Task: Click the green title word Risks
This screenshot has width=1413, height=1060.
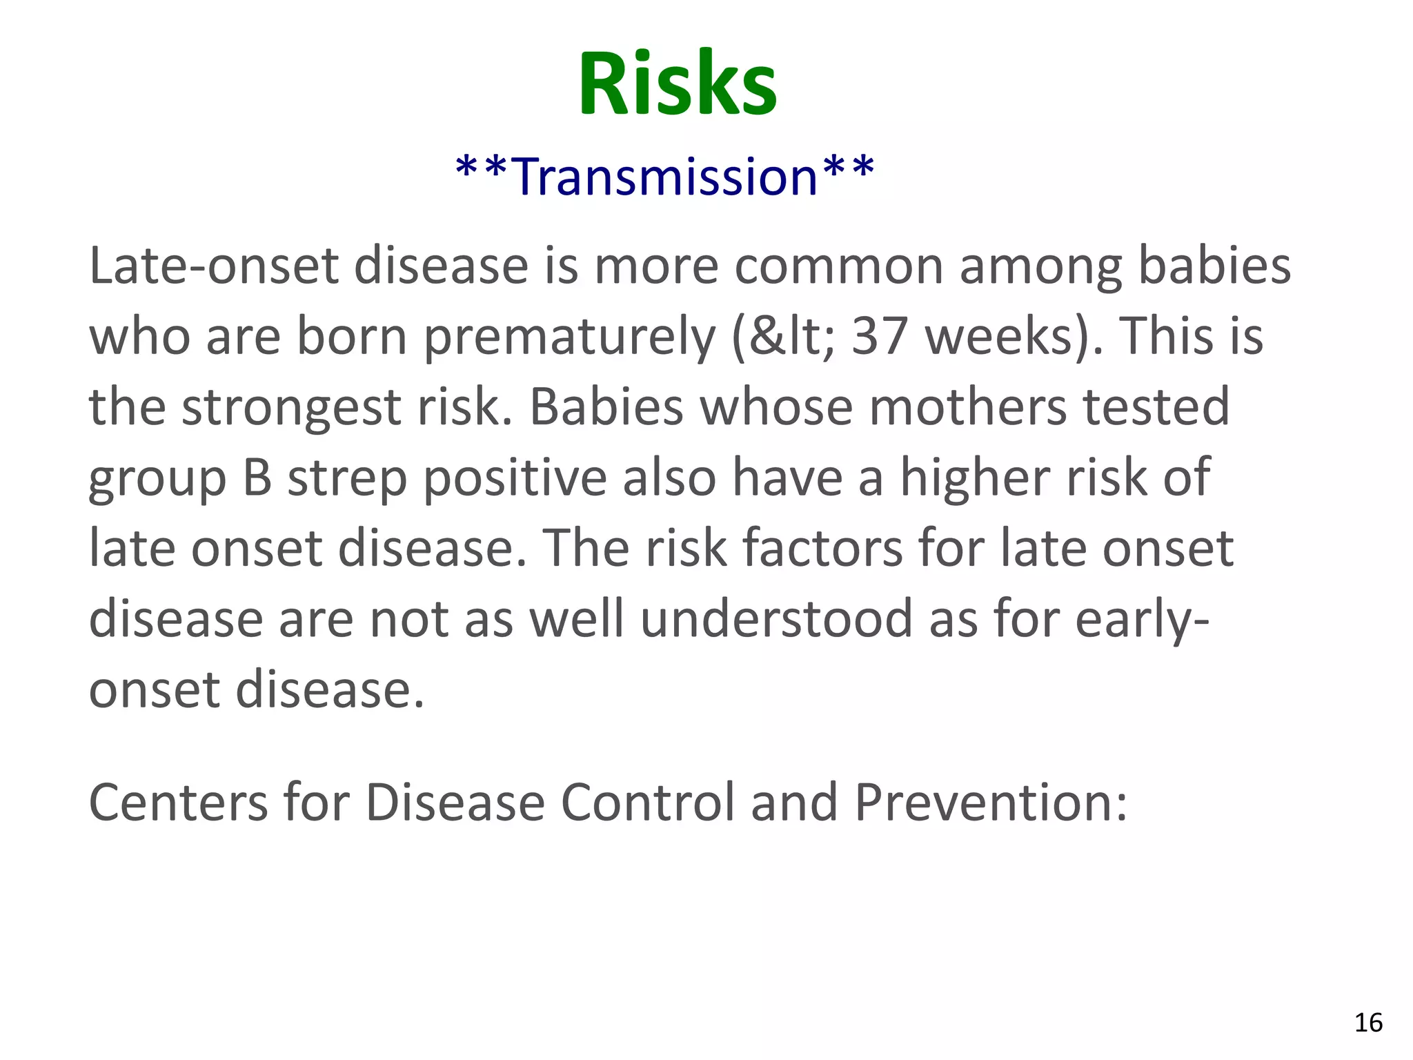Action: pyautogui.click(x=677, y=84)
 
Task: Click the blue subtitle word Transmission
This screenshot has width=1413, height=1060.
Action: pyautogui.click(x=666, y=177)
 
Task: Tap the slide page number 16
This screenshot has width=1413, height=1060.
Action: pyautogui.click(x=1368, y=1023)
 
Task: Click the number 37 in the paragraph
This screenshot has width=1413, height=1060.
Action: pyautogui.click(x=879, y=337)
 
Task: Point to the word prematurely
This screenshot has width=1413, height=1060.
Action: pyautogui.click(x=569, y=338)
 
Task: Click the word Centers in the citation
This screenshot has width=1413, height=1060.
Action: pyautogui.click(x=178, y=803)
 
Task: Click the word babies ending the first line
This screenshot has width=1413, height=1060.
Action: pyautogui.click(x=1214, y=266)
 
